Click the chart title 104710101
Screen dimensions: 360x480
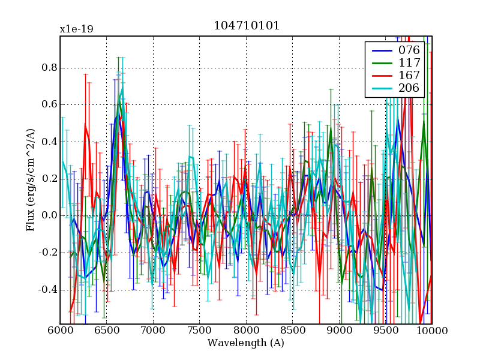[x=246, y=26]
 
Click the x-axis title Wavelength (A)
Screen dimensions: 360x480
[x=246, y=343]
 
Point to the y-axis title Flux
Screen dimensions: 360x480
[x=30, y=180]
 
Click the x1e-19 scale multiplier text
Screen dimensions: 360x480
[x=76, y=29]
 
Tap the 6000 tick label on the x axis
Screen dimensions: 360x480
[x=60, y=331]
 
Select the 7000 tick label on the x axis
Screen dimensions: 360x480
[x=153, y=331]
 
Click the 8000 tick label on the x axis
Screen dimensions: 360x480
[x=246, y=331]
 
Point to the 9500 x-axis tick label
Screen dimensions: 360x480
[x=385, y=331]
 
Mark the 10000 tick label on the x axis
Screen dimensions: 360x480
[x=431, y=331]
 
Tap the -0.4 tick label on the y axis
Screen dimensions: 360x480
[x=47, y=289]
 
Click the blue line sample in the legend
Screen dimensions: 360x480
[x=379, y=50]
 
